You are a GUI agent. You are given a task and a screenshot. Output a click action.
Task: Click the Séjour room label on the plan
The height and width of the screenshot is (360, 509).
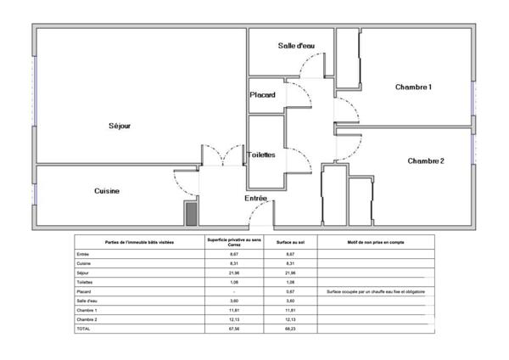pyautogui.click(x=120, y=126)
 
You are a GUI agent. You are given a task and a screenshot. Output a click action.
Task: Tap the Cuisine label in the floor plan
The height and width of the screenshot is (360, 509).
pyautogui.click(x=107, y=191)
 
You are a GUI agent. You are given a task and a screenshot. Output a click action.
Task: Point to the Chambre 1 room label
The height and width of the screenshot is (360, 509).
pyautogui.click(x=414, y=87)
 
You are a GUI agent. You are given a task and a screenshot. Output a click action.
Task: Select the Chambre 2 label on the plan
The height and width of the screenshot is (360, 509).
pyautogui.click(x=426, y=160)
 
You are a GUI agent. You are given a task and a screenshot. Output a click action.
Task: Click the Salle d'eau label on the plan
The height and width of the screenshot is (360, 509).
pyautogui.click(x=297, y=45)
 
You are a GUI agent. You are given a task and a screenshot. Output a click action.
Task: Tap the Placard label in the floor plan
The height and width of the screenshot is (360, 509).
pyautogui.click(x=262, y=95)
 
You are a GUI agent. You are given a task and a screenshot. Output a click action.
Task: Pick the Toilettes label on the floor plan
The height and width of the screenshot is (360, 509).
pyautogui.click(x=261, y=155)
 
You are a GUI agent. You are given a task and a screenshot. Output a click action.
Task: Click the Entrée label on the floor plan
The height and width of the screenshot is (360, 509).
pyautogui.click(x=256, y=198)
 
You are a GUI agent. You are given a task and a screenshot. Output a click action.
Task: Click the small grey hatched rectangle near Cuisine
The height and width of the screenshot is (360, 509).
pyautogui.click(x=191, y=212)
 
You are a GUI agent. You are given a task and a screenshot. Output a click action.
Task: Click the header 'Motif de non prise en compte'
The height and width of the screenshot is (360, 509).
pyautogui.click(x=376, y=242)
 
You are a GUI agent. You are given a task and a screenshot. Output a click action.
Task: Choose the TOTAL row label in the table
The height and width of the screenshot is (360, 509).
pyautogui.click(x=83, y=328)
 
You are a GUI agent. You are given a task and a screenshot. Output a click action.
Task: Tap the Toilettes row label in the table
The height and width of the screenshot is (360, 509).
pyautogui.click(x=85, y=282)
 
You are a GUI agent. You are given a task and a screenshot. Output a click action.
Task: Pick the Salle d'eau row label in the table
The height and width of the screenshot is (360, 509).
pyautogui.click(x=86, y=301)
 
